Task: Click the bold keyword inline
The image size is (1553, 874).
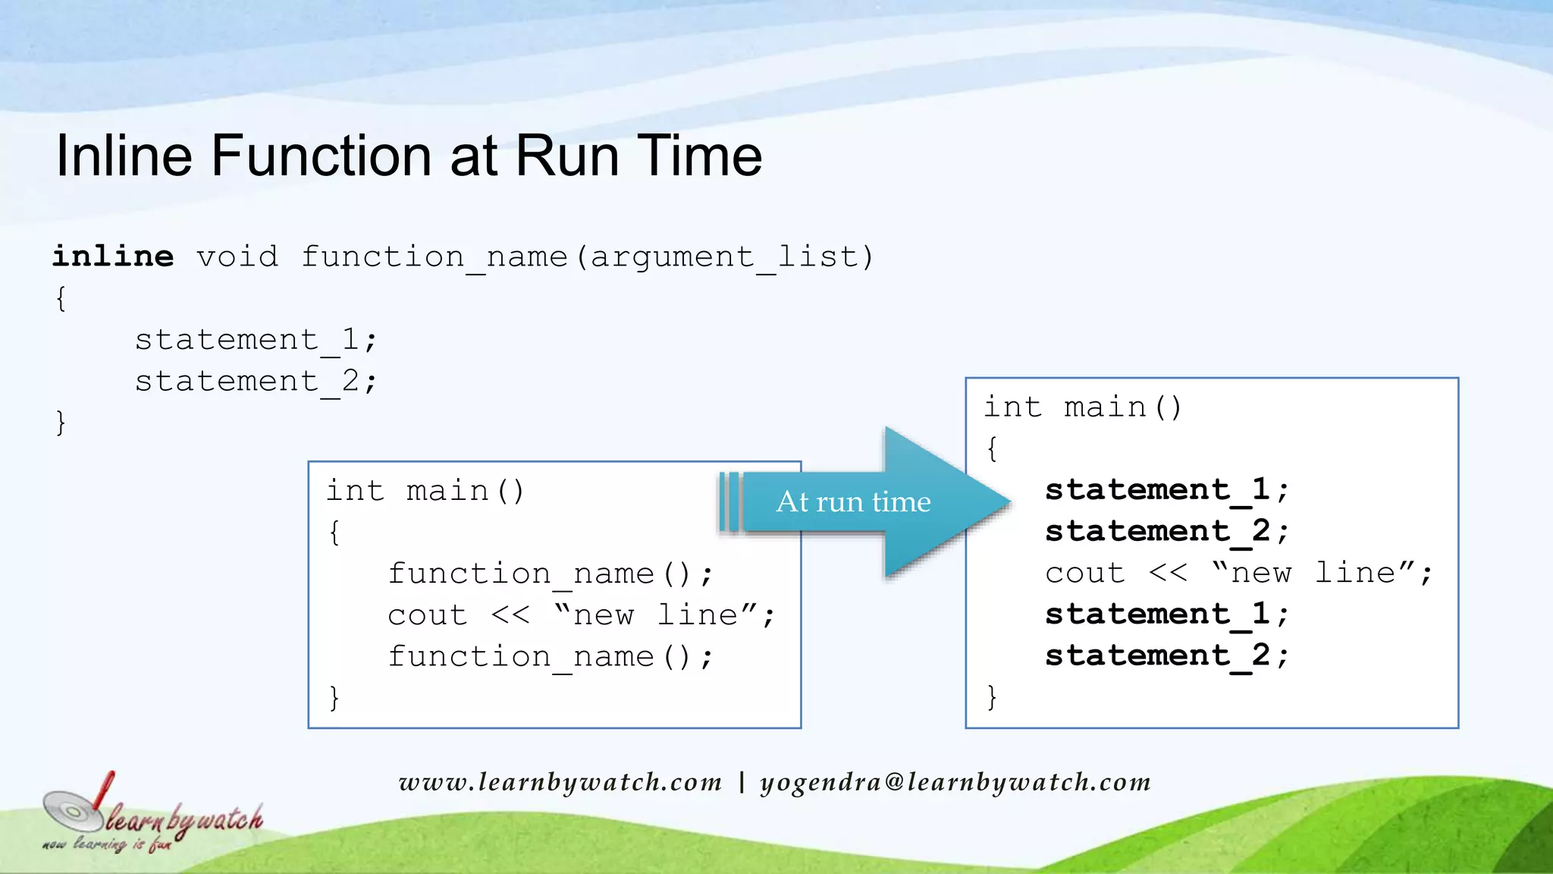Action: [x=113, y=256]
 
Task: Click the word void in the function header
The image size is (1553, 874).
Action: [x=237, y=256]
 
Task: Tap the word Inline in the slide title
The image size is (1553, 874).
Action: [x=124, y=156]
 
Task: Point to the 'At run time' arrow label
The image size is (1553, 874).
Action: [x=853, y=501]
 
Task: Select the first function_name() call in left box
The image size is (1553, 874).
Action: [x=551, y=574]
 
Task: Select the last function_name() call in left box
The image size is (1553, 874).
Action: [x=551, y=656]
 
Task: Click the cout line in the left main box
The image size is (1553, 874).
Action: [x=582, y=615]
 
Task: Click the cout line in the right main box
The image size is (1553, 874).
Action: [x=1238, y=573]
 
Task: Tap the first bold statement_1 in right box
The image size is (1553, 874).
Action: [x=1166, y=489]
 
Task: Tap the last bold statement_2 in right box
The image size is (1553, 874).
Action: [x=1166, y=655]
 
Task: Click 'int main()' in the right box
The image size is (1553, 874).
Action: [x=1083, y=407]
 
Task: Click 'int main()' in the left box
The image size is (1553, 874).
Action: [x=425, y=491]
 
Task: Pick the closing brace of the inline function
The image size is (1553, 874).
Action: [x=61, y=422]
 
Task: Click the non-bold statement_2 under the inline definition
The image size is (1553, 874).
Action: [x=256, y=381]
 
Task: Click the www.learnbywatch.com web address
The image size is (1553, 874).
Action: [x=560, y=781]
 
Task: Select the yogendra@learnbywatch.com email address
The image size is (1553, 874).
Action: [x=955, y=781]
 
